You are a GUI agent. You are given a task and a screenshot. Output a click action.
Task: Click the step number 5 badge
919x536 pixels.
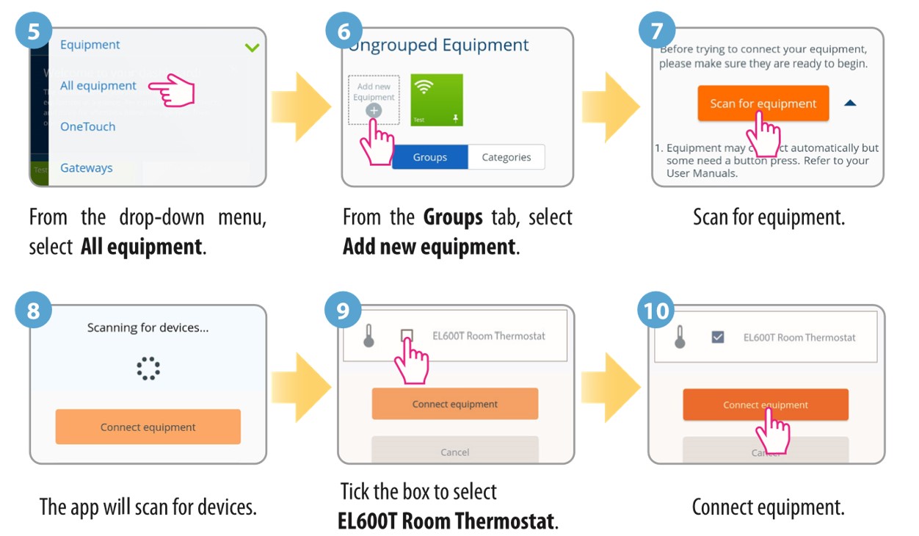pos(34,32)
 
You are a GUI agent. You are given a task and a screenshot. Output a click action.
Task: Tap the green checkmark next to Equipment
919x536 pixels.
pos(252,48)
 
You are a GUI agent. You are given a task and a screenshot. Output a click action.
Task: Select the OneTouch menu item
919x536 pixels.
pos(87,126)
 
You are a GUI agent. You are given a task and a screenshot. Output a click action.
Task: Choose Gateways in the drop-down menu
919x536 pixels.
pos(86,167)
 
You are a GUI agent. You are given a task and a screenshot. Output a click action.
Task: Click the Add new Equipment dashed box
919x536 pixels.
pos(374,99)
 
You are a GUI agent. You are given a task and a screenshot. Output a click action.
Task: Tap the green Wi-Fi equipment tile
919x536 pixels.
pos(437,100)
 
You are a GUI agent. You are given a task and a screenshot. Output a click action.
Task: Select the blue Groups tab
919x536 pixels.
pos(430,157)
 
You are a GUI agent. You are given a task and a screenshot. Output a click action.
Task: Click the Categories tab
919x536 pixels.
pos(506,157)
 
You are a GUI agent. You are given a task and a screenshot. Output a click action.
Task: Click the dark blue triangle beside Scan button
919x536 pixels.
pos(850,104)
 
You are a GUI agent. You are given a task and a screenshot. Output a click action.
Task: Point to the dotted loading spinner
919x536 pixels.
pos(148,369)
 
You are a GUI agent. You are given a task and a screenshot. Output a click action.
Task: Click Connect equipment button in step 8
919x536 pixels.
pos(148,427)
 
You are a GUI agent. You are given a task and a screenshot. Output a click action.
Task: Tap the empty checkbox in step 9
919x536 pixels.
pos(407,336)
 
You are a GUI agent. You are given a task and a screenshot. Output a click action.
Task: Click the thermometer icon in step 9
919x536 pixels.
pos(369,336)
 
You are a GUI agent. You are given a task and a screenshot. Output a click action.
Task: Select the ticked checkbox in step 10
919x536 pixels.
pos(718,337)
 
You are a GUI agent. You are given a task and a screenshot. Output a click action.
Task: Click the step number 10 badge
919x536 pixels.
pos(655,311)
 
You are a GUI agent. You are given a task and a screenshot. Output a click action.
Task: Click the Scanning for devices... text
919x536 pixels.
pos(148,327)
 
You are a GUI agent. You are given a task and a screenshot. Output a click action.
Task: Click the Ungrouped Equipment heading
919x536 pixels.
pos(439,45)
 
